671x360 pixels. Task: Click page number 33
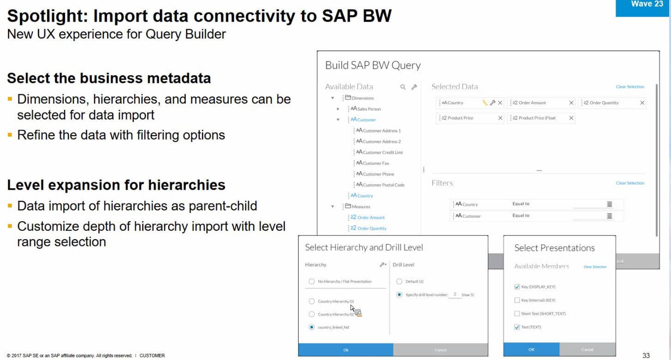646,355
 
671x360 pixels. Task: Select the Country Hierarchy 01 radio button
312,301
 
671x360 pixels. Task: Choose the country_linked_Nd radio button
312,327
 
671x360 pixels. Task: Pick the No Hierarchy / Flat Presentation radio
312,282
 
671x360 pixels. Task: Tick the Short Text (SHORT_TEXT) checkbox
517,314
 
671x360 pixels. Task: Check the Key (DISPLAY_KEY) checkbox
517,287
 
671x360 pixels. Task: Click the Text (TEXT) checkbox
517,327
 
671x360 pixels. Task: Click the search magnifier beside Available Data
403,87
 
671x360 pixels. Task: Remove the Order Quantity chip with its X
642,103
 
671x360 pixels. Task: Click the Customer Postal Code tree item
383,185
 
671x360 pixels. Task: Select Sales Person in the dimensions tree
369,109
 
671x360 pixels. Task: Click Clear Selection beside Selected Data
630,87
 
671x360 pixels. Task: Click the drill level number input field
455,294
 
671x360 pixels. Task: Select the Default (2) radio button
399,282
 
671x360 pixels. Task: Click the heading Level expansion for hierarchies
116,185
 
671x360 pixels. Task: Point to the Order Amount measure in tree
370,217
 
